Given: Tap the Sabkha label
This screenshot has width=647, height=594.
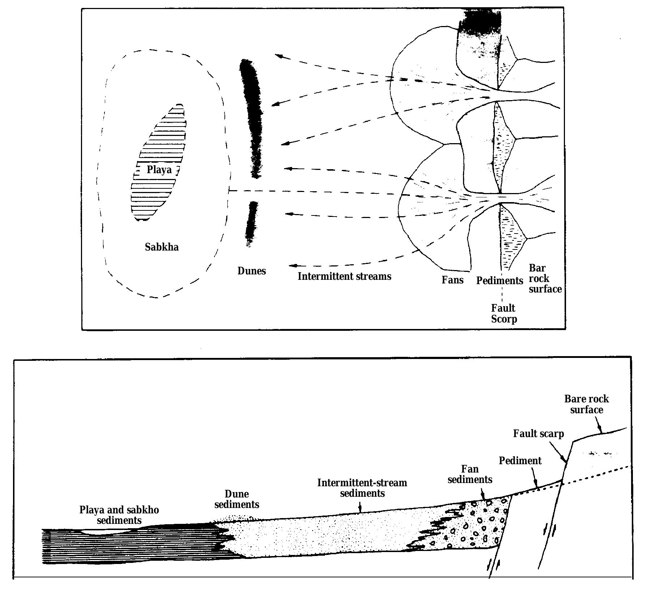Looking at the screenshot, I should pyautogui.click(x=162, y=247).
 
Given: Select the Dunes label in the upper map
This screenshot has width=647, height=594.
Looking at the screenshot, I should pyautogui.click(x=252, y=271).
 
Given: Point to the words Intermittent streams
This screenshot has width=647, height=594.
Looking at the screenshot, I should pyautogui.click(x=344, y=277).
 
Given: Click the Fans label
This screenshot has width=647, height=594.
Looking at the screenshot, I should pyautogui.click(x=453, y=280).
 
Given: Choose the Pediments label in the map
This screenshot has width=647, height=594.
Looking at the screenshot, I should pyautogui.click(x=500, y=281).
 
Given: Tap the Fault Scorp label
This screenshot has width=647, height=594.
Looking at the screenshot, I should pyautogui.click(x=504, y=313).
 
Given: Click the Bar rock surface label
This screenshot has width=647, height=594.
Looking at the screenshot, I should pyautogui.click(x=544, y=278).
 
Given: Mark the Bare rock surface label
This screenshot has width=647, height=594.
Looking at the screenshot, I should pyautogui.click(x=586, y=404).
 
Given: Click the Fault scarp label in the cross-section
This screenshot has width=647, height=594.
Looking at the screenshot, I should pyautogui.click(x=538, y=433).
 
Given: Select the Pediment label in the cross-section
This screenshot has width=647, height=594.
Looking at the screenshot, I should pyautogui.click(x=520, y=461).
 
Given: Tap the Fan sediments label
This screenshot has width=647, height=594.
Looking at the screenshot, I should pyautogui.click(x=470, y=474).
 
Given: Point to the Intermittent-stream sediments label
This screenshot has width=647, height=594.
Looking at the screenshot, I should pyautogui.click(x=362, y=488).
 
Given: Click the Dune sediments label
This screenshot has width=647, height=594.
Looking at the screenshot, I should pyautogui.click(x=237, y=499).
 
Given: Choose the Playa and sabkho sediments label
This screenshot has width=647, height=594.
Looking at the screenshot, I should pyautogui.click(x=119, y=515).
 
